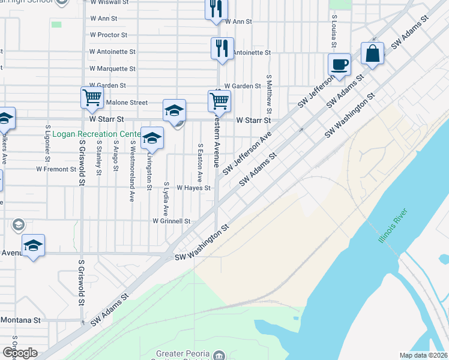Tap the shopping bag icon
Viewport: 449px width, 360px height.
pos(373,53)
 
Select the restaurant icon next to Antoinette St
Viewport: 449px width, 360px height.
pos(222,49)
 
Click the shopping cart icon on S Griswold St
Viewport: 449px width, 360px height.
pos(92,98)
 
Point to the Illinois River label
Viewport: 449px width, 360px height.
pos(393,226)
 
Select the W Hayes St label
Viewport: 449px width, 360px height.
pos(193,188)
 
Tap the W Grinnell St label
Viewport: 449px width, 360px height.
pos(171,221)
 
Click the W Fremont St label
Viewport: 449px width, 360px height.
pos(55,169)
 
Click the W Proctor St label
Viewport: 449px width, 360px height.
pos(109,35)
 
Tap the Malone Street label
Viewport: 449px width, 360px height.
pos(127,103)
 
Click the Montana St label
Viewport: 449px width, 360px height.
pos(20,320)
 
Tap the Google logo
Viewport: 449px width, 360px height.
pos(20,353)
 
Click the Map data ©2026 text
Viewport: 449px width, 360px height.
pos(424,355)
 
